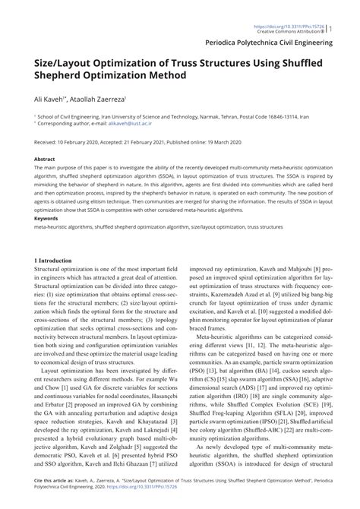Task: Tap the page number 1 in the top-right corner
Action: pyautogui.click(x=352, y=8)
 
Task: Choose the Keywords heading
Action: pyautogui.click(x=46, y=218)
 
